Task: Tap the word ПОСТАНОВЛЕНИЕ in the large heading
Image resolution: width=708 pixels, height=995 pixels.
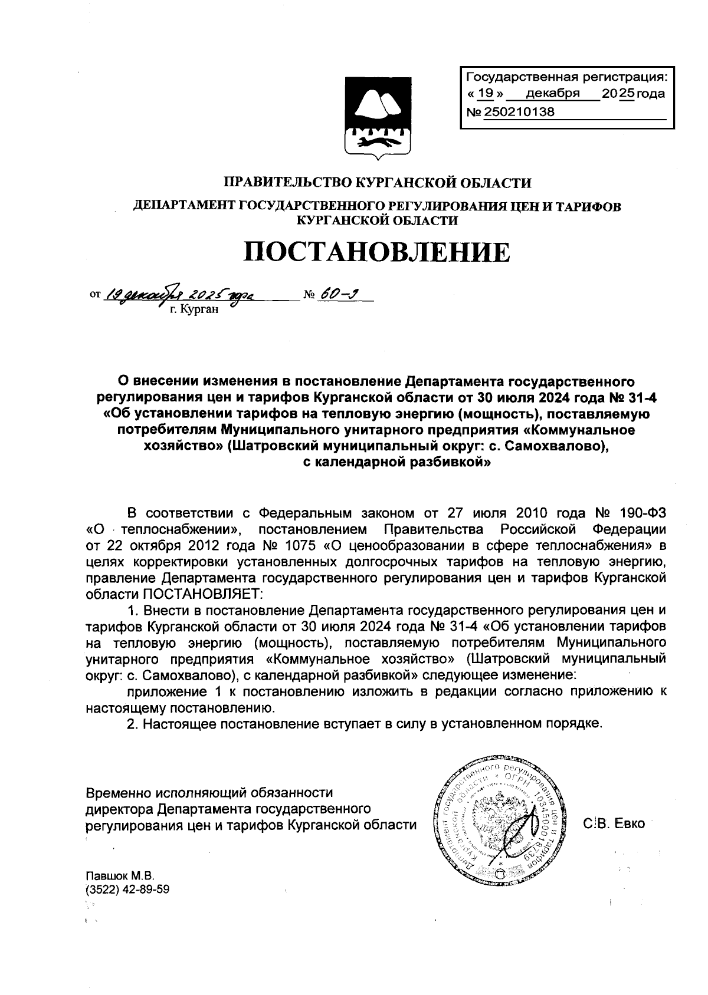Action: click(376, 252)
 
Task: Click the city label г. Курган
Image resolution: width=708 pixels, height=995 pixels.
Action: click(194, 309)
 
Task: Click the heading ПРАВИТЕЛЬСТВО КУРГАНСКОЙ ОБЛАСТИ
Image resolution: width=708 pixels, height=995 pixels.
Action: click(376, 183)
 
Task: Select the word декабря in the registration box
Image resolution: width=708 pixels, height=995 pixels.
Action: click(553, 94)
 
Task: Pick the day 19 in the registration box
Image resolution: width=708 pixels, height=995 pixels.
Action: click(486, 94)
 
